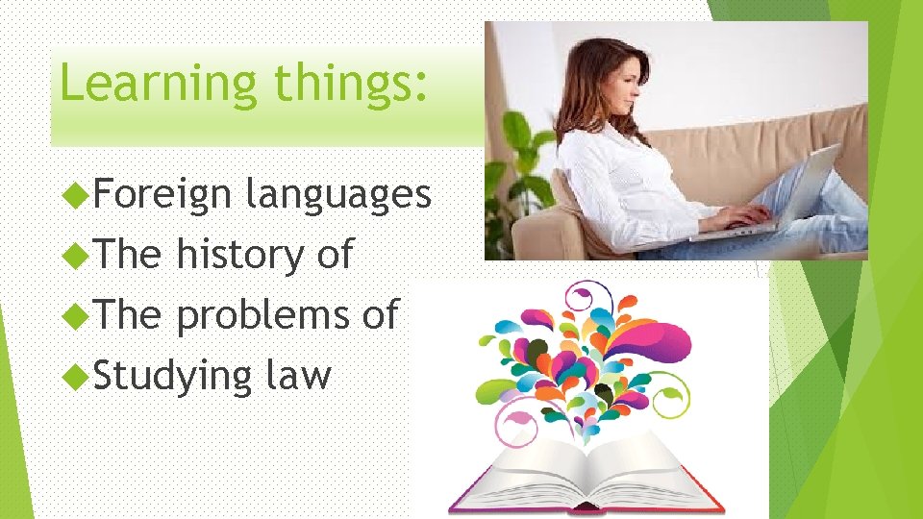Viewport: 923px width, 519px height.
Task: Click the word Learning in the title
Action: pyautogui.click(x=157, y=84)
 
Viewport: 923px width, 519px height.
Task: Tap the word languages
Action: pyautogui.click(x=337, y=196)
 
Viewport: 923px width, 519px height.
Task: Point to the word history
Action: pyautogui.click(x=238, y=255)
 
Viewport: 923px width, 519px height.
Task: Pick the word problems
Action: pyautogui.click(x=263, y=315)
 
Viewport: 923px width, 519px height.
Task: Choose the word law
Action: pyautogui.click(x=298, y=375)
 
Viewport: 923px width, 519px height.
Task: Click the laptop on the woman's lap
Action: pyautogui.click(x=788, y=197)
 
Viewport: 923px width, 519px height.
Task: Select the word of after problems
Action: pyautogui.click(x=380, y=315)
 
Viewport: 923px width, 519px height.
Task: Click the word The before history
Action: pyautogui.click(x=128, y=255)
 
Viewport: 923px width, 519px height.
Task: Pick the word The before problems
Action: pyautogui.click(x=128, y=315)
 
